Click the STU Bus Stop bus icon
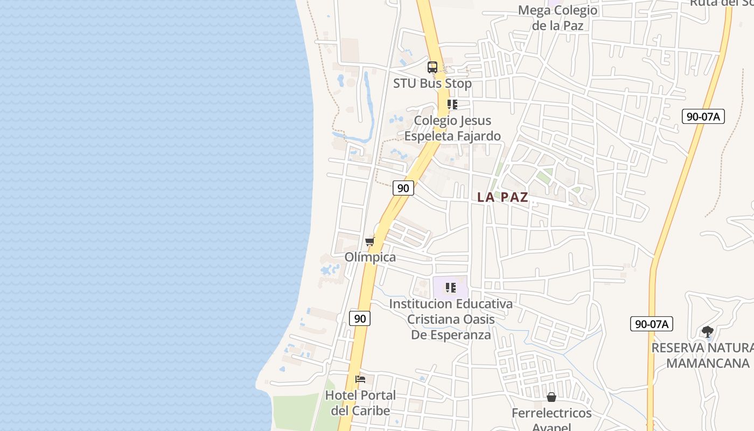click(x=432, y=67)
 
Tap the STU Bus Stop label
click(x=432, y=84)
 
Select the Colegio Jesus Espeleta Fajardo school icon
click(x=452, y=105)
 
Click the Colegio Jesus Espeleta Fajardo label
click(x=452, y=128)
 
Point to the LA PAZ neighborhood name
click(x=502, y=197)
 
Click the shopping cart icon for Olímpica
click(x=369, y=241)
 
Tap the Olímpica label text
click(x=370, y=257)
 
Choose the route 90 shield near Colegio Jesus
click(x=403, y=188)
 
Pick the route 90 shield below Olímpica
click(x=360, y=318)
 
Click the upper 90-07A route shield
click(x=703, y=116)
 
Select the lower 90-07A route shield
click(x=651, y=324)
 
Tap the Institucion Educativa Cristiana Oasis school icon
click(x=451, y=288)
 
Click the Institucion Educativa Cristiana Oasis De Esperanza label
click(x=451, y=319)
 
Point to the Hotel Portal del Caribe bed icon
click(x=360, y=379)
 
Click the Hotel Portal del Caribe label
click(x=360, y=402)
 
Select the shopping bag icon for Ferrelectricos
click(x=551, y=397)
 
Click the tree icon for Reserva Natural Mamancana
click(x=708, y=332)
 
